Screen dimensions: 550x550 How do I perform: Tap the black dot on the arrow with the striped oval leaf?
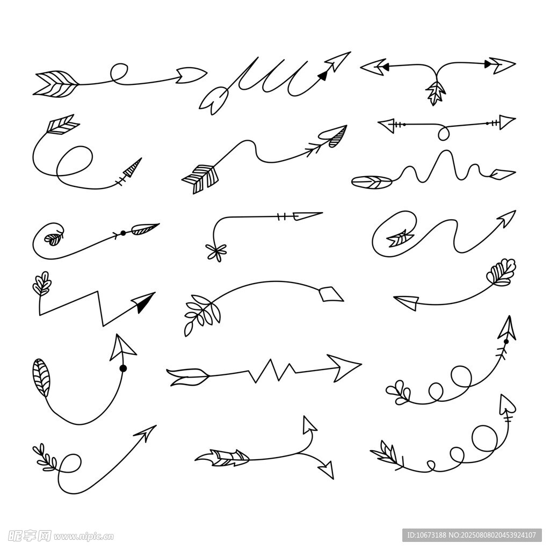point(123,368)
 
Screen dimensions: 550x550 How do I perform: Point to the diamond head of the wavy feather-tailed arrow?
point(503,174)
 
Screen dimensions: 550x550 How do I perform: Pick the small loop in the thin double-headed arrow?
point(444,133)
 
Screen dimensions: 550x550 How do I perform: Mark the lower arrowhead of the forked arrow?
point(327,469)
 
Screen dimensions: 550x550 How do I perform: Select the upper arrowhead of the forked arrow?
point(309,424)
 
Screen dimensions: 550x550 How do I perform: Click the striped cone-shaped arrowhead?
point(133,167)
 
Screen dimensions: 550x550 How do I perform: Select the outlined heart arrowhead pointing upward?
point(507,404)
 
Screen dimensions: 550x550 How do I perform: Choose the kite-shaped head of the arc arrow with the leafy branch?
point(331,294)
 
